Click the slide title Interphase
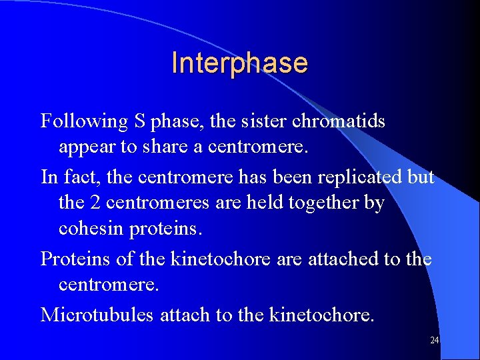[239, 63]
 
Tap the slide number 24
[434, 341]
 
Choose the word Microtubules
[97, 314]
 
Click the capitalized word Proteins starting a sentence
[70, 258]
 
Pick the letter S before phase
[139, 122]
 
